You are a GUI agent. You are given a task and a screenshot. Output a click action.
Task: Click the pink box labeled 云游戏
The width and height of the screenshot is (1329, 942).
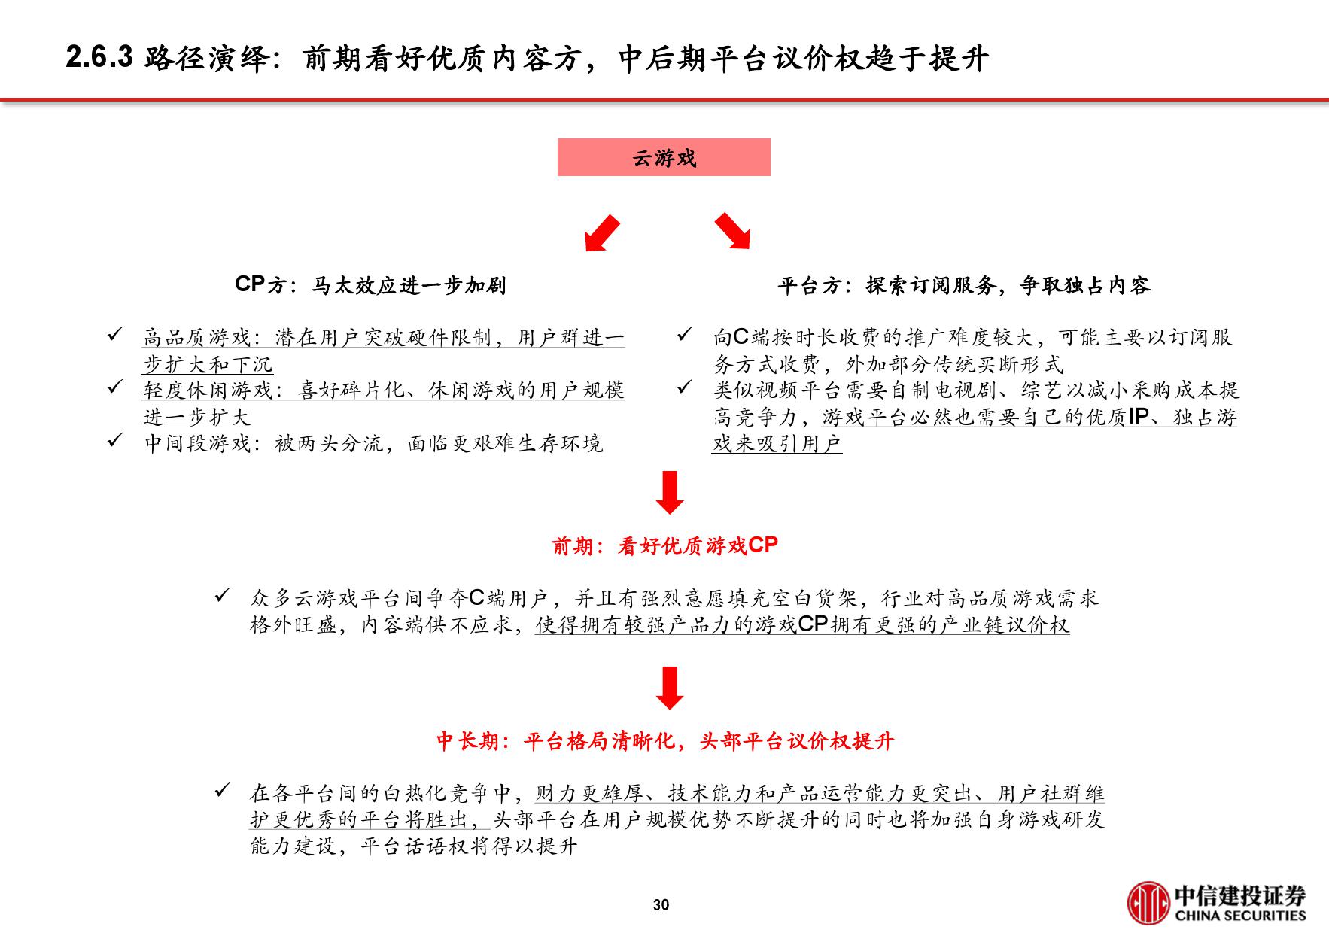pyautogui.click(x=663, y=157)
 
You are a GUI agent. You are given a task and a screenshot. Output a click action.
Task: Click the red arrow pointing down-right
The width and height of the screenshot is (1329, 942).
pyautogui.click(x=732, y=231)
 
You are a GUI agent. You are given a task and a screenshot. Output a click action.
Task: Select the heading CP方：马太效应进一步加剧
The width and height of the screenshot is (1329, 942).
pyautogui.click(x=370, y=285)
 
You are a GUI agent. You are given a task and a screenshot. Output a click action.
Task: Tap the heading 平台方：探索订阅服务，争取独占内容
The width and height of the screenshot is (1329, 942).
pyautogui.click(x=963, y=285)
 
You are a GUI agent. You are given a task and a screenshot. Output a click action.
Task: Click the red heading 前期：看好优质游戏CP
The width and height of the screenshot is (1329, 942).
pyautogui.click(x=664, y=545)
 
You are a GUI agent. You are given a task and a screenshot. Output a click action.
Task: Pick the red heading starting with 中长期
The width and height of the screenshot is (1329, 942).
pyautogui.click(x=664, y=741)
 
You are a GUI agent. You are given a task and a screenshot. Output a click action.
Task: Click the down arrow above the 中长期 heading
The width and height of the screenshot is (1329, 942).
pyautogui.click(x=669, y=688)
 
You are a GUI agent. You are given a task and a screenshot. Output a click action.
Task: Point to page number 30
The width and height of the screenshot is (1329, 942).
pyautogui.click(x=661, y=905)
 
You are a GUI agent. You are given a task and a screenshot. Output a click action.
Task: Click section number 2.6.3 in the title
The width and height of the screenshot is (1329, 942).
pyautogui.click(x=99, y=58)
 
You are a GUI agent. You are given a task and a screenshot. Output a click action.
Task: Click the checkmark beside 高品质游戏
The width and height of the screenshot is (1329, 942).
pyautogui.click(x=115, y=334)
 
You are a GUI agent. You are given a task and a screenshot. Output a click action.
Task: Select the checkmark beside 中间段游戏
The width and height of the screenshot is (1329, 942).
pyautogui.click(x=115, y=440)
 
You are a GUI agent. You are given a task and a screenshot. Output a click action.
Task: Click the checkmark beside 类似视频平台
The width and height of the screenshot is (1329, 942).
pyautogui.click(x=684, y=387)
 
